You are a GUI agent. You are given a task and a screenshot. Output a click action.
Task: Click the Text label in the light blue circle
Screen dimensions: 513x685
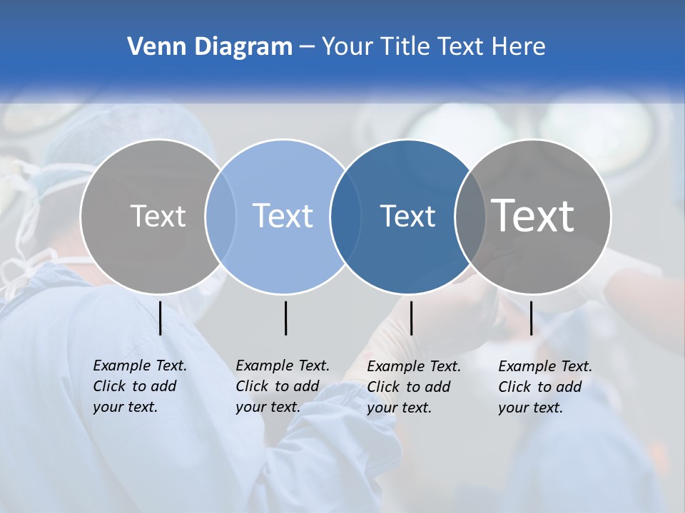pyautogui.click(x=283, y=216)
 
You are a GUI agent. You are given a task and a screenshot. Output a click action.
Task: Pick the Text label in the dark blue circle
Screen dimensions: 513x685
pyautogui.click(x=408, y=217)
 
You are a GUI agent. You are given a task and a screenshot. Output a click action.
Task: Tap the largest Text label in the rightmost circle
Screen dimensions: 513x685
pyautogui.click(x=533, y=216)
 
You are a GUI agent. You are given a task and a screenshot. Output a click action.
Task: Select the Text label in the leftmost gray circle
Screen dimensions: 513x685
pyautogui.click(x=158, y=216)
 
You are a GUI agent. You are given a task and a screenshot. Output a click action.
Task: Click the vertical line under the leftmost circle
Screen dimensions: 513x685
pyautogui.click(x=161, y=318)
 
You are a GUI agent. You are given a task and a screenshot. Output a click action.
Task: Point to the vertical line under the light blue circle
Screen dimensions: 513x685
pyautogui.click(x=285, y=318)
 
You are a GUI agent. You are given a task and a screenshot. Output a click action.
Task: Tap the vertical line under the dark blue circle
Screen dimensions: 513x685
pyautogui.click(x=411, y=318)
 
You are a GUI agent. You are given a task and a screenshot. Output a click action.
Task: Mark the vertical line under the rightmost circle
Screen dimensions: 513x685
pyautogui.click(x=531, y=318)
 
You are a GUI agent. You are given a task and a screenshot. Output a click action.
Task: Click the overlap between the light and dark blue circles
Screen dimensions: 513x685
pyautogui.click(x=345, y=217)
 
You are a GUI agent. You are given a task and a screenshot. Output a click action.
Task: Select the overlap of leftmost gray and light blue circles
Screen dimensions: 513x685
pyautogui.click(x=220, y=217)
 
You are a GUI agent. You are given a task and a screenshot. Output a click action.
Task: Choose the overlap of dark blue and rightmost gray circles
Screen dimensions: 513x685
pyautogui.click(x=470, y=217)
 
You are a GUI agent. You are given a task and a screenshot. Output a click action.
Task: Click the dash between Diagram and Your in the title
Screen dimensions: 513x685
pyautogui.click(x=306, y=48)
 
